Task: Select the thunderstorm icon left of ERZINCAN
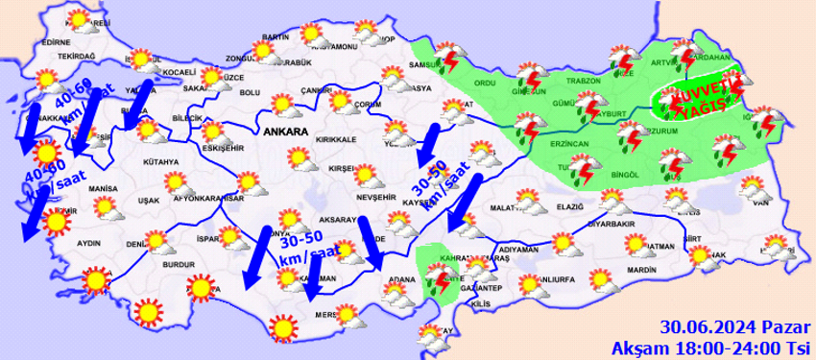525,128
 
